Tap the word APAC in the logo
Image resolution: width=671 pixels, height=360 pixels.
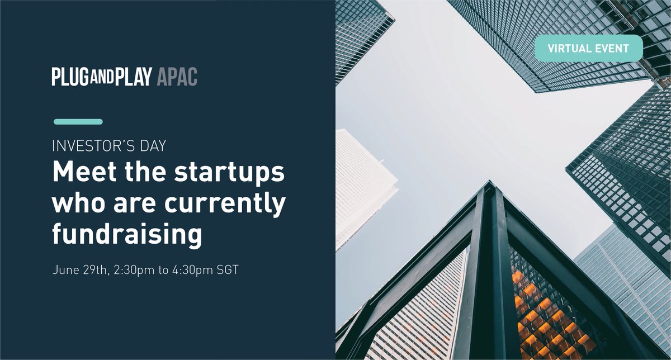[177, 77]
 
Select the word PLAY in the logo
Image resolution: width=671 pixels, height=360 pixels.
[134, 77]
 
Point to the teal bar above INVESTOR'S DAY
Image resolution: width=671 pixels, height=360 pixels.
[78, 122]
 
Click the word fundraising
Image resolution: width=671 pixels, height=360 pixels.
[127, 236]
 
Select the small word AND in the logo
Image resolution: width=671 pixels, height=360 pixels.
[103, 77]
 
